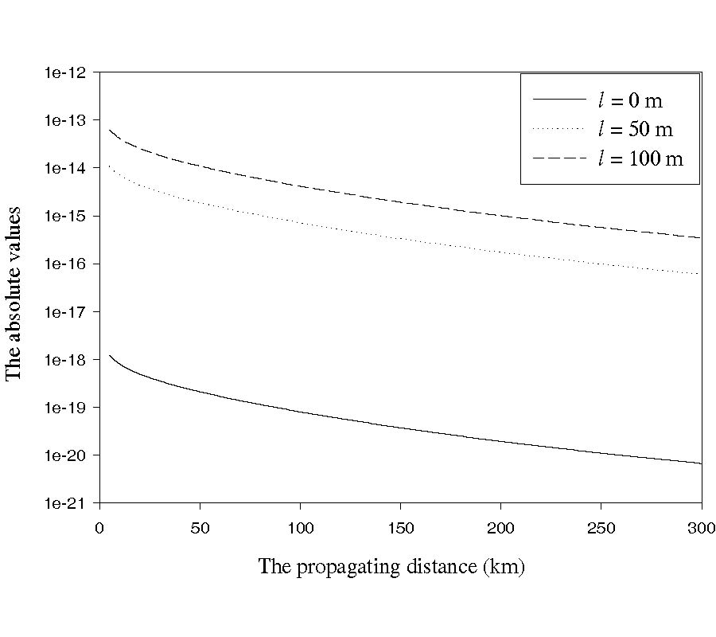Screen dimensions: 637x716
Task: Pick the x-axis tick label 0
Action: click(99, 527)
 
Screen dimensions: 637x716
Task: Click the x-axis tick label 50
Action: click(200, 527)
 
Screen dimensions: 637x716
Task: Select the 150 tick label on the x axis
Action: click(400, 527)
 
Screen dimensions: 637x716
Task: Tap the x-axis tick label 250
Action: click(601, 527)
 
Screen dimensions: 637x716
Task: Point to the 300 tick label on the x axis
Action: click(701, 527)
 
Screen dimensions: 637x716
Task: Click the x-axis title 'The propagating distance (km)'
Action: click(391, 567)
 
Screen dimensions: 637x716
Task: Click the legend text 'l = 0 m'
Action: click(630, 100)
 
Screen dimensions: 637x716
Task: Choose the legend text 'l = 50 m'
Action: click(635, 130)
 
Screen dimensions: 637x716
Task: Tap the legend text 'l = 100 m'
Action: click(640, 158)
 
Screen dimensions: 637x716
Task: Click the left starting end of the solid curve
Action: click(109, 355)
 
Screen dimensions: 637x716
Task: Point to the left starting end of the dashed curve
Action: click(109, 129)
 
